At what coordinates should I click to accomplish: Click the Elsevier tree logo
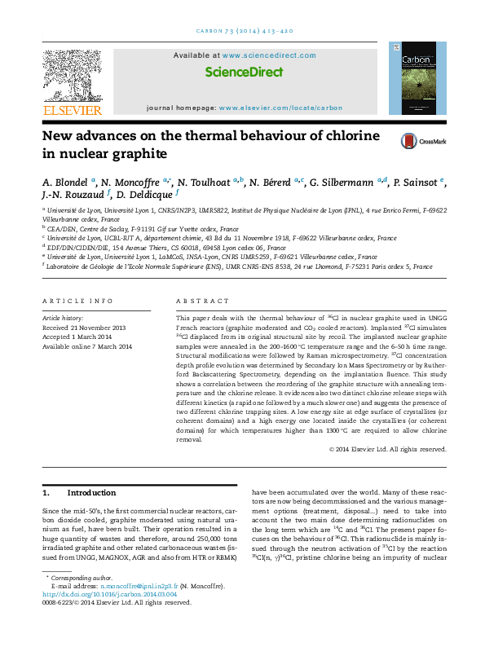click(73, 77)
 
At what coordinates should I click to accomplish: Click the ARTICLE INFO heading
click(77, 300)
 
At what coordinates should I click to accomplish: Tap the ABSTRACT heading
click(198, 300)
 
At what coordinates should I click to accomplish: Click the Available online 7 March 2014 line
click(86, 346)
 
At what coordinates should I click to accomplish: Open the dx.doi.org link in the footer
click(109, 617)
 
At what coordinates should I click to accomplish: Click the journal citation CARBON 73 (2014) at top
click(241, 31)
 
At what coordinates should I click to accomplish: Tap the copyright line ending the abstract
click(386, 449)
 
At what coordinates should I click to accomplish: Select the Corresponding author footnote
click(79, 600)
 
